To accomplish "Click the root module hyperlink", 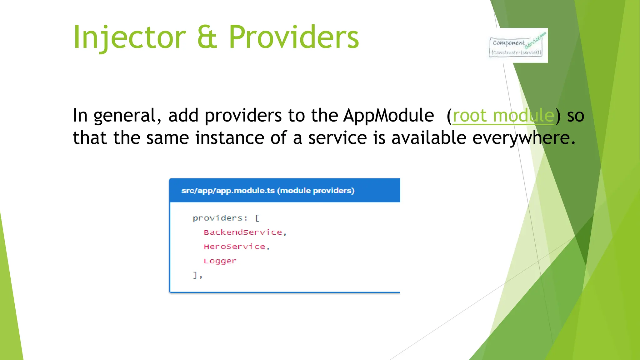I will (x=503, y=116).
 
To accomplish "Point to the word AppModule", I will (x=388, y=116).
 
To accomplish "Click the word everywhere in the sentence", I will (x=523, y=138).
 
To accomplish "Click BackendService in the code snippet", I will (x=243, y=232).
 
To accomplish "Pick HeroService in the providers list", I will (x=234, y=247).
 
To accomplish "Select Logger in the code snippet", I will (x=220, y=261).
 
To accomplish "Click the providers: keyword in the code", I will (x=220, y=218).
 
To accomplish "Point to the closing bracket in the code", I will (x=195, y=275).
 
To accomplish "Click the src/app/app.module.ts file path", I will (x=228, y=191).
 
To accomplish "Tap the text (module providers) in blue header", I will (x=316, y=191).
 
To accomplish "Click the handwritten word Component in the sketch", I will (x=508, y=43).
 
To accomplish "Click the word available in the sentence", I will (x=429, y=138).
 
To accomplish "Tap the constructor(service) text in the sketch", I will (x=516, y=52).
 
